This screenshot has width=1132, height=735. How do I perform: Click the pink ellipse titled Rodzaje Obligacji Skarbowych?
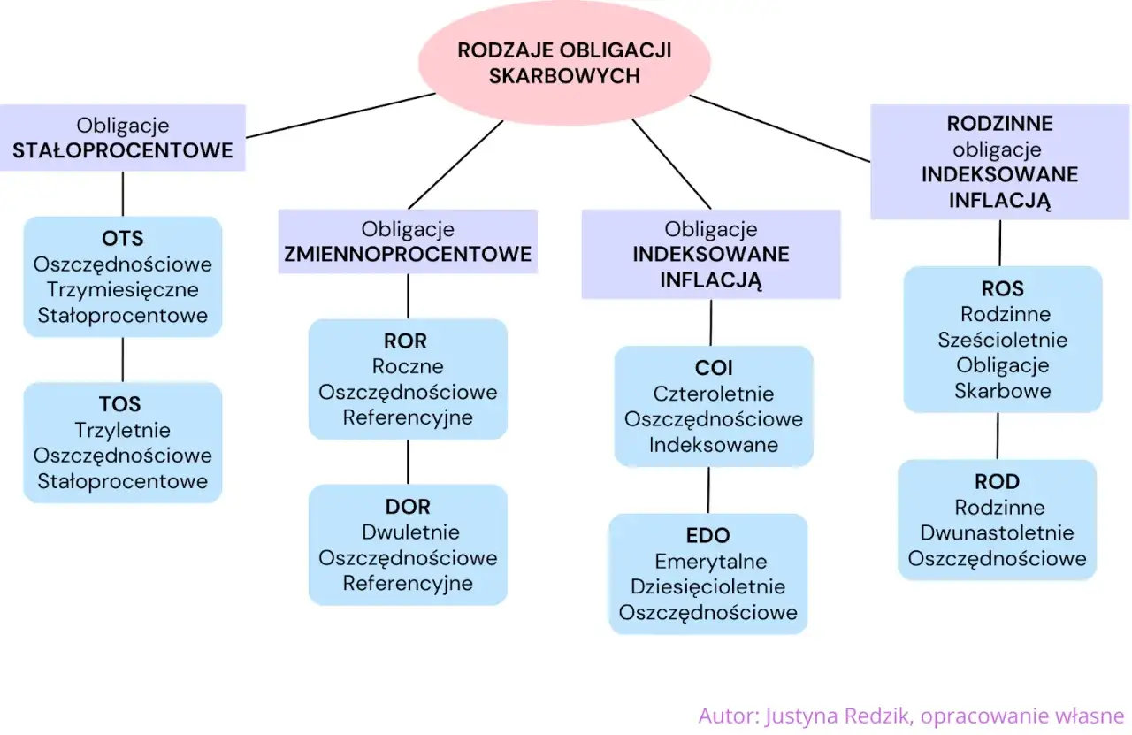point(564,63)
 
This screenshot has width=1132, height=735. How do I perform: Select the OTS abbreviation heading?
point(122,239)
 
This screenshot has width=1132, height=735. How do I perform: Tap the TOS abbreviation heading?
point(121,405)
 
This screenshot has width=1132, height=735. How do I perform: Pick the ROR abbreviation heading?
point(406,341)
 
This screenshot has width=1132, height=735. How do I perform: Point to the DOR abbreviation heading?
point(408,507)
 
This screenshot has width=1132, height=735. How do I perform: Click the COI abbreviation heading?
point(713,368)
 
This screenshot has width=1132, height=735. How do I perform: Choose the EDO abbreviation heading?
point(708,536)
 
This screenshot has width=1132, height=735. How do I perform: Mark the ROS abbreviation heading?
point(1002,289)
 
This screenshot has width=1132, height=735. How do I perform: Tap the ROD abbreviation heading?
point(997,482)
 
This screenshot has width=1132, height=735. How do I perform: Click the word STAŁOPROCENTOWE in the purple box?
point(122,150)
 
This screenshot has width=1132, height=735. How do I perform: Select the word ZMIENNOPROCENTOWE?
point(408,255)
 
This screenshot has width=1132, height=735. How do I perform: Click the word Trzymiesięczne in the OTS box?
point(122,289)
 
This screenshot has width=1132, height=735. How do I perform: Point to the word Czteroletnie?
point(713,394)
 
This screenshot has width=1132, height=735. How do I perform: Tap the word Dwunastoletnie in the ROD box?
point(997,532)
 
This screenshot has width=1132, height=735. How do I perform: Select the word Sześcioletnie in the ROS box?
point(1002,340)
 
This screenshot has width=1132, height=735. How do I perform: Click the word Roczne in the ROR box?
point(408,366)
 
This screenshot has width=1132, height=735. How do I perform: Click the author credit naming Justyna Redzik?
point(911,715)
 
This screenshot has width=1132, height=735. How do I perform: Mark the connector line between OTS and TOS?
point(122,359)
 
